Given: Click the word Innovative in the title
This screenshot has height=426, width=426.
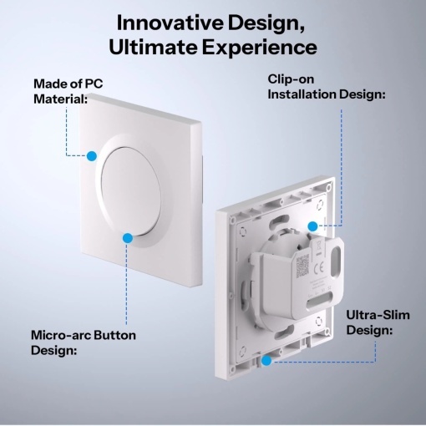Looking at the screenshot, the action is tap(170, 23).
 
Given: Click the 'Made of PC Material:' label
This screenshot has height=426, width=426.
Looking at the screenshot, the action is tap(68, 91).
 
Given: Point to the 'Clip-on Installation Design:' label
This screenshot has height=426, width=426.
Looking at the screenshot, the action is tap(327, 87).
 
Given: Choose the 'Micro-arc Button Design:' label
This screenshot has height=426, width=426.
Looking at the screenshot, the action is tap(84, 342).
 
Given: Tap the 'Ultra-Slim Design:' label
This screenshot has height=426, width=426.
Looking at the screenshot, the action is tap(378, 322).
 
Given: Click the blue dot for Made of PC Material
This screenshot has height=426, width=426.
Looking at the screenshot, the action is tap(92, 156).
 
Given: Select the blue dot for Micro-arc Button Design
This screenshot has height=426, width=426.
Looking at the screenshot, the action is tap(128, 238).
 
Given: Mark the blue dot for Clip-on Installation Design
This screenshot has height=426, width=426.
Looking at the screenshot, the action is tap(313, 226).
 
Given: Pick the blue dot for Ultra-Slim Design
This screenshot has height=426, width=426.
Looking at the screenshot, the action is tap(266, 361).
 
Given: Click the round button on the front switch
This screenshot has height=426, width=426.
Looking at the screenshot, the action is tap(131, 191).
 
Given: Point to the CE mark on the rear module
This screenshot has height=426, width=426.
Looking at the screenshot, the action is tap(319, 268).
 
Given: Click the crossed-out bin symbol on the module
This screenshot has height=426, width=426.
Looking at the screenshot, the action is tap(318, 246).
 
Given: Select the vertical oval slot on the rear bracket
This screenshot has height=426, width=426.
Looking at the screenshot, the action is tap(337, 259).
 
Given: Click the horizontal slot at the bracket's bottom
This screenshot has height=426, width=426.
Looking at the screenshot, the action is tap(320, 304).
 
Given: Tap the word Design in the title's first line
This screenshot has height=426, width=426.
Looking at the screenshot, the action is tap(266, 23).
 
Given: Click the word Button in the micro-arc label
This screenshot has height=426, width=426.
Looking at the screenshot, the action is tap(114, 335).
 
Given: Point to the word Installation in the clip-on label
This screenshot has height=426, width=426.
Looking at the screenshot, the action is tap(301, 94).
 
